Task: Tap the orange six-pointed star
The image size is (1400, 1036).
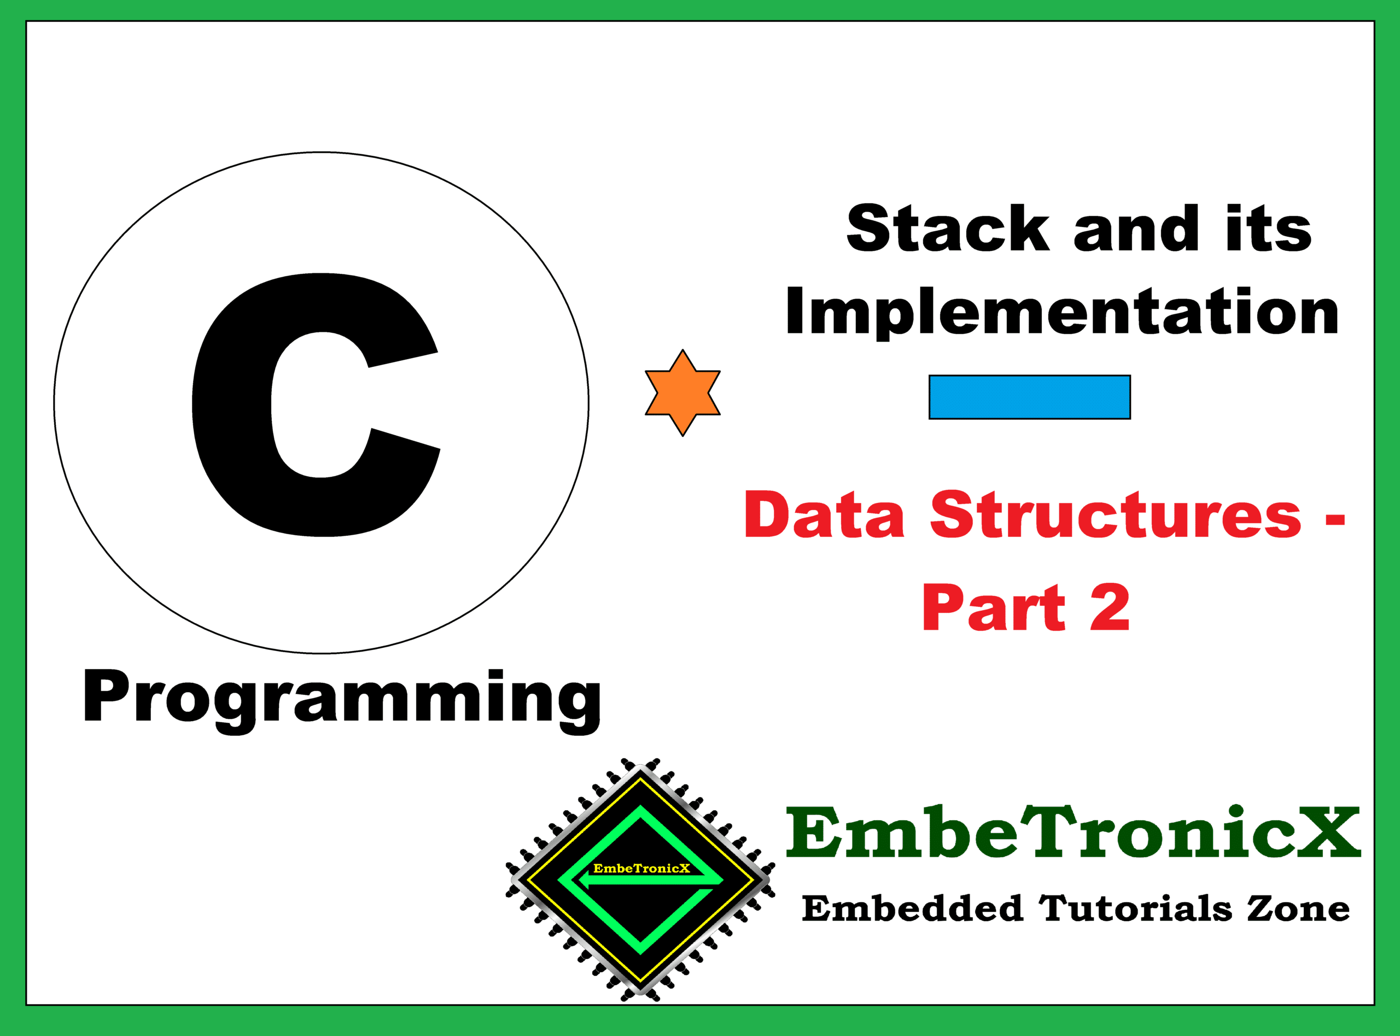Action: (x=682, y=393)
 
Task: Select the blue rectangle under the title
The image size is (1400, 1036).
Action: (x=1029, y=397)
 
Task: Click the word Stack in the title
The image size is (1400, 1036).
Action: (x=947, y=229)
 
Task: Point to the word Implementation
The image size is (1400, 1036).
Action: (x=1063, y=312)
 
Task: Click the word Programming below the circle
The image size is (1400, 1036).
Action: (x=342, y=698)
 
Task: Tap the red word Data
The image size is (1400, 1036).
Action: (x=824, y=515)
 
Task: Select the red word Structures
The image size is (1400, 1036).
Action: (x=1116, y=515)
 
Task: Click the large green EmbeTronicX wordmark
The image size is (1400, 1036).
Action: (x=1073, y=833)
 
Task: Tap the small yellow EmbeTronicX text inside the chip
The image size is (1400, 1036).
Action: (x=641, y=869)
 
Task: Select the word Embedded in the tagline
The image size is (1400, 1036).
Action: (x=912, y=909)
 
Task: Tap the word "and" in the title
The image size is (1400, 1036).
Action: (x=1136, y=229)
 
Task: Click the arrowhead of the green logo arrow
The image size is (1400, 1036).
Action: (x=584, y=882)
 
